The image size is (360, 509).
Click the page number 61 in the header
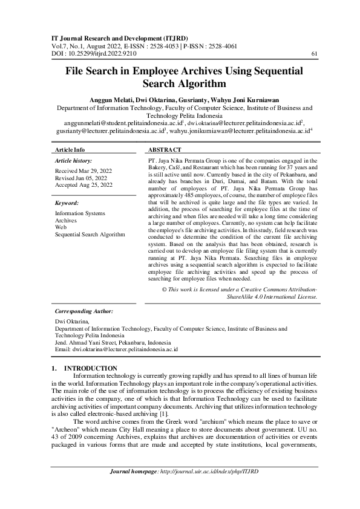pos(313,54)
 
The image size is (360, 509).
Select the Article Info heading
pos(70,149)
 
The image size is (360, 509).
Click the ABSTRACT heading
pos(164,149)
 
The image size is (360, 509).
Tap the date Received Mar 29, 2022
pos(83,172)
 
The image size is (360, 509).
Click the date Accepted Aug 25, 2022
pos(83,185)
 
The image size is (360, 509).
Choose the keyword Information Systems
pos(80,213)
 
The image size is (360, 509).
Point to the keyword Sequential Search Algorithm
pos(90,234)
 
